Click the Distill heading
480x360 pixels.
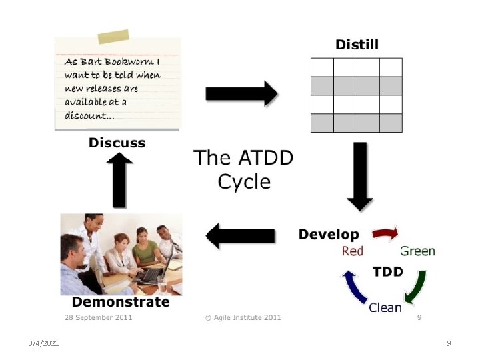click(x=357, y=45)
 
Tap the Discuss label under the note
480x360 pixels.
click(x=117, y=143)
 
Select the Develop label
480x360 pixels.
click(x=329, y=234)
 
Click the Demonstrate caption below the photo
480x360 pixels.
click(x=121, y=302)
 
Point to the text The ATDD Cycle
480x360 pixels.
click(x=243, y=169)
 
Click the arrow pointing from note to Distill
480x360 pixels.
click(x=241, y=93)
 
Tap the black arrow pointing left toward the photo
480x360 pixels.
click(x=241, y=235)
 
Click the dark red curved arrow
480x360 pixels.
click(x=385, y=234)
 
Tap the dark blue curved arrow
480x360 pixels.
click(x=352, y=287)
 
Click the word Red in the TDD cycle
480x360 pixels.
click(x=353, y=251)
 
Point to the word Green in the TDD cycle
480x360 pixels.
click(x=417, y=251)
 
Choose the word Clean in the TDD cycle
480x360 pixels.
click(x=385, y=307)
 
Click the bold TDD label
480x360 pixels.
click(x=387, y=272)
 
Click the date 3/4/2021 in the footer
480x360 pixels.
click(x=44, y=343)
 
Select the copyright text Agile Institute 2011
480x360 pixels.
click(x=243, y=317)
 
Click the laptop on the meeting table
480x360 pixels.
click(x=150, y=273)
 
